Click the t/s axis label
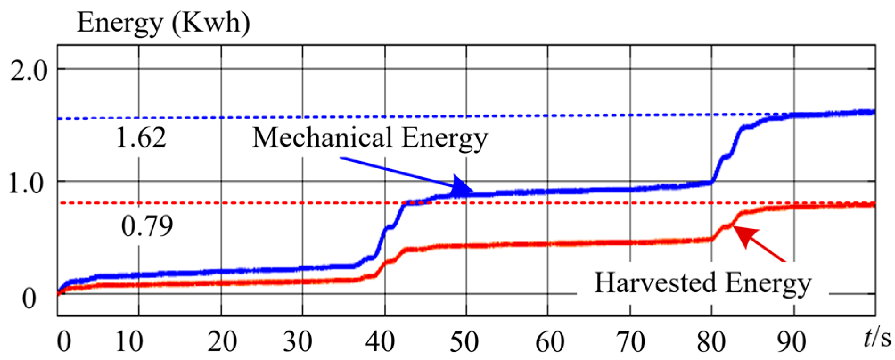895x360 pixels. coord(876,339)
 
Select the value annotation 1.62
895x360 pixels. coord(141,137)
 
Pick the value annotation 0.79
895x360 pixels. coord(147,226)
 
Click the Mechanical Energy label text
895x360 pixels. coord(370,138)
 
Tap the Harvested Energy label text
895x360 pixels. coord(703,283)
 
